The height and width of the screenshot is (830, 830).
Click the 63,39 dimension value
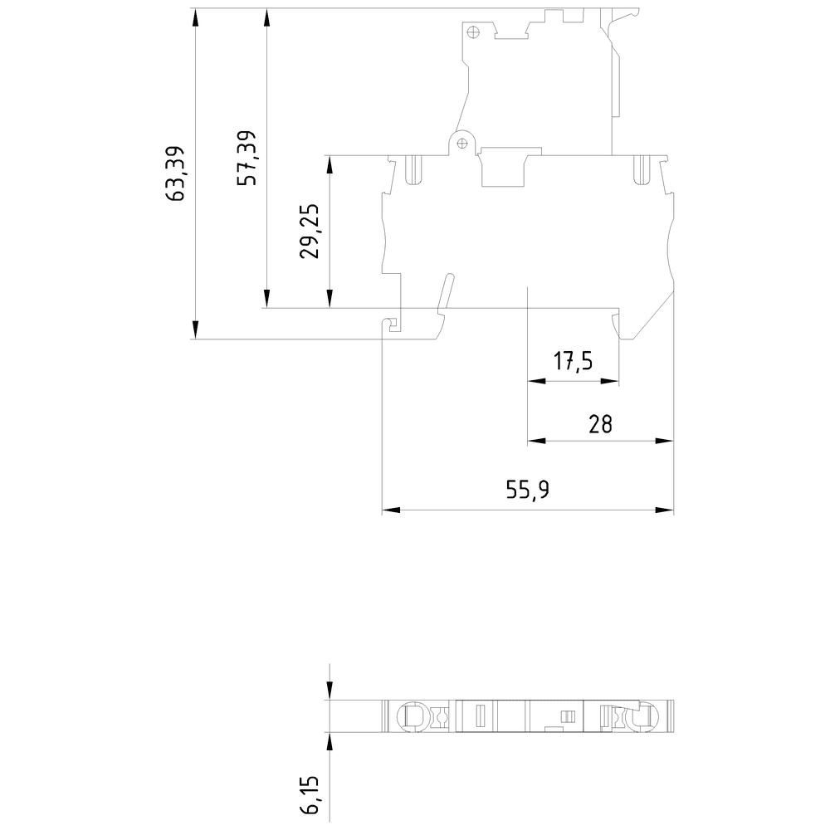(175, 173)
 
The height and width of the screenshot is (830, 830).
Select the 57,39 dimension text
(247, 158)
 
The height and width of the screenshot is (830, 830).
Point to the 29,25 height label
(310, 231)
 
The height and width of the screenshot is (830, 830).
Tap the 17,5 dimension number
(573, 361)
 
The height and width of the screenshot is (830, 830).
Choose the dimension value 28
(600, 424)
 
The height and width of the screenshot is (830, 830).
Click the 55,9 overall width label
(527, 490)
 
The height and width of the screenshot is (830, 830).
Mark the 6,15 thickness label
(310, 795)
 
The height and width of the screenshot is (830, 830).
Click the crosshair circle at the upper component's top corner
(473, 32)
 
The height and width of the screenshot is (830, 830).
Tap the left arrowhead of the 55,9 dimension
(391, 510)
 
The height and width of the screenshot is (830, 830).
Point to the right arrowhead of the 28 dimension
(665, 441)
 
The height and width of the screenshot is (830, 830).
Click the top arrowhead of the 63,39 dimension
(195, 17)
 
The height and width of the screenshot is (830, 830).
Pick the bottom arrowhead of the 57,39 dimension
(266, 299)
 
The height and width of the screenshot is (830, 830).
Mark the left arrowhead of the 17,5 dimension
(537, 381)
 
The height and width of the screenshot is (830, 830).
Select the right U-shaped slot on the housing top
(642, 169)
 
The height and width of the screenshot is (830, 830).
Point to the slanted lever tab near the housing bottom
(447, 290)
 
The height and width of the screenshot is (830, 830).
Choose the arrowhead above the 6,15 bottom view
(330, 691)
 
